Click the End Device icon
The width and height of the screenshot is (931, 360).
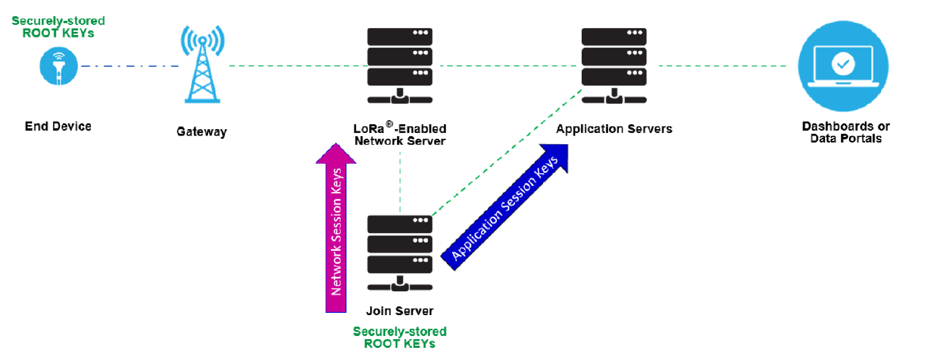(x=59, y=66)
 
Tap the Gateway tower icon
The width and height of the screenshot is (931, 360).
(x=202, y=65)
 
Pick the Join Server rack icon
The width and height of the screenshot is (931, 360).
(x=400, y=253)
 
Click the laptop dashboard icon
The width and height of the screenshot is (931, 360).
(x=843, y=66)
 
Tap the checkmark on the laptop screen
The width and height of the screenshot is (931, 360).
(x=843, y=64)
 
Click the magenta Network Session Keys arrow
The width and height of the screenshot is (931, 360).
(x=336, y=231)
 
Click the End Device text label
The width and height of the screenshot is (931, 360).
(x=58, y=127)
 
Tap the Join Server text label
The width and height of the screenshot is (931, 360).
(x=400, y=311)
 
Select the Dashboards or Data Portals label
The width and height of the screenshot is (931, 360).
(x=846, y=132)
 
